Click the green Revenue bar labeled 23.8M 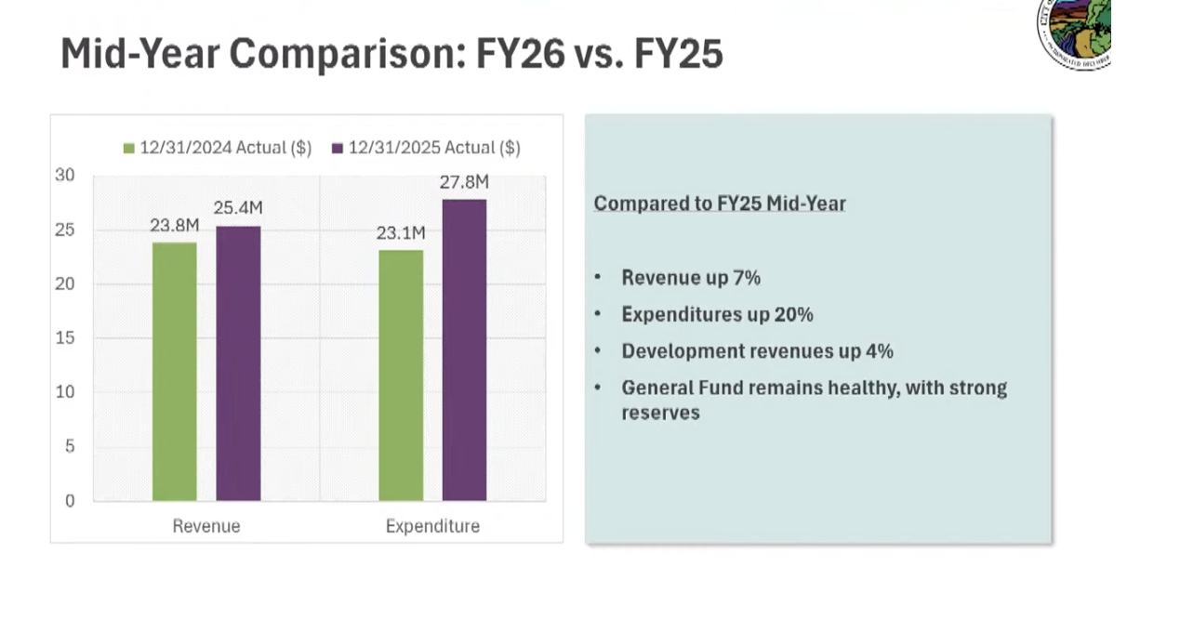tap(175, 372)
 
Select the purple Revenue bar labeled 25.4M tap(238, 363)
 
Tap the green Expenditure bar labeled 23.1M tap(401, 375)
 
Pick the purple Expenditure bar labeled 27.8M tap(464, 350)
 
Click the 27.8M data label tap(464, 183)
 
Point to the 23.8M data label tap(175, 226)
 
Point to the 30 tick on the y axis tap(64, 176)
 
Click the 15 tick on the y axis tap(64, 338)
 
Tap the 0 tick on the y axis tap(69, 501)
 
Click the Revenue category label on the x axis tap(206, 526)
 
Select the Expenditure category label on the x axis tap(432, 526)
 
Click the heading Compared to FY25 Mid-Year tap(720, 204)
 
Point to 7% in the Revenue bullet tap(747, 278)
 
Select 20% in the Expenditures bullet tap(794, 315)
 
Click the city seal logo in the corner tap(1077, 34)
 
